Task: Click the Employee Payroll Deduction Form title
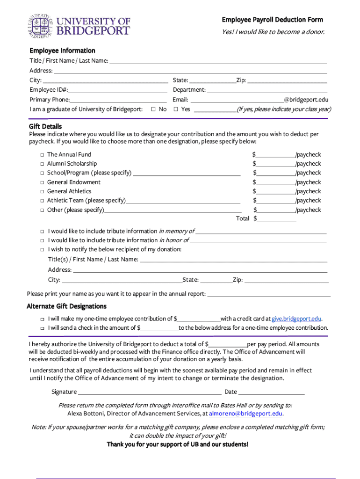pos(272,20)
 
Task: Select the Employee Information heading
pos(62,51)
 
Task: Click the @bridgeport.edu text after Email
pos(306,100)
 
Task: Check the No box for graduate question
pos(153,109)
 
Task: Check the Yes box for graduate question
pos(175,109)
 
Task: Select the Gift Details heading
pos(45,127)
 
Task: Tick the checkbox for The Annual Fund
pos(42,155)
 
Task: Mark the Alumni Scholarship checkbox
pos(42,164)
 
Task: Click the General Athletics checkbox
pos(42,191)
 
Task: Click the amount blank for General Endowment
pos(275,183)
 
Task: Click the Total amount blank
pos(276,219)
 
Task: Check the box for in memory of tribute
pos(42,232)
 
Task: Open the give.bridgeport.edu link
pos(296,319)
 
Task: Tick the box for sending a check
pos(42,328)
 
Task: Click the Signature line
pos(150,392)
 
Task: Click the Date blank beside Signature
pos(271,392)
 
